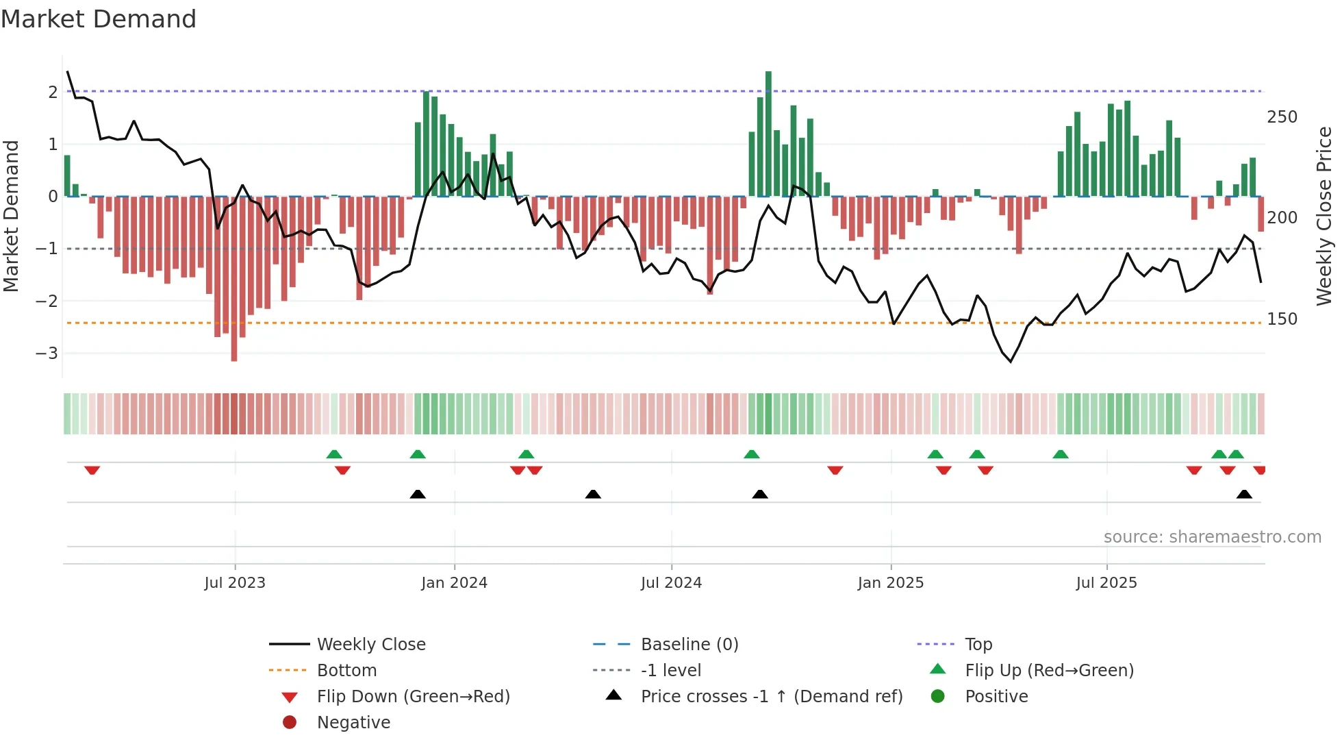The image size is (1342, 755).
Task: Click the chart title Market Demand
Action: tap(99, 19)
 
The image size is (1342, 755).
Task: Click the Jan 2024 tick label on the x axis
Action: tap(454, 583)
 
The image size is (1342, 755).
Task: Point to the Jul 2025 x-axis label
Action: tap(1106, 583)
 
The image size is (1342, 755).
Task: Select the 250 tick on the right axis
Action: tap(1282, 117)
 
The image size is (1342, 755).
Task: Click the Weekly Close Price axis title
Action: tap(1324, 216)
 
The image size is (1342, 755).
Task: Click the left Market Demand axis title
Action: tap(12, 216)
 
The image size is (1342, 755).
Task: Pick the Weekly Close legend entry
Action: tap(370, 645)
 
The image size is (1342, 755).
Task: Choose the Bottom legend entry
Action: tap(346, 671)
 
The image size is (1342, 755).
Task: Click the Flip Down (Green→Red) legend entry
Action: tap(413, 697)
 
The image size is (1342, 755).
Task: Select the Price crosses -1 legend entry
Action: tap(771, 697)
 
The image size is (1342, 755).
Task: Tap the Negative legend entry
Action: tap(353, 723)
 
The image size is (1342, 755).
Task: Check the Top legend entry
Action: tap(978, 645)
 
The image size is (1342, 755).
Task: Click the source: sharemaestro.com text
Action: tap(1212, 537)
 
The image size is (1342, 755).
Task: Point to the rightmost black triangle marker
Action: tap(1244, 494)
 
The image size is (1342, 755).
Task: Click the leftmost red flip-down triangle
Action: tap(92, 470)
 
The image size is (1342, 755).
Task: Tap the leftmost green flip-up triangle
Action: tap(334, 454)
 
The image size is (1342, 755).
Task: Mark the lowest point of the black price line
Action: tap(1011, 361)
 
